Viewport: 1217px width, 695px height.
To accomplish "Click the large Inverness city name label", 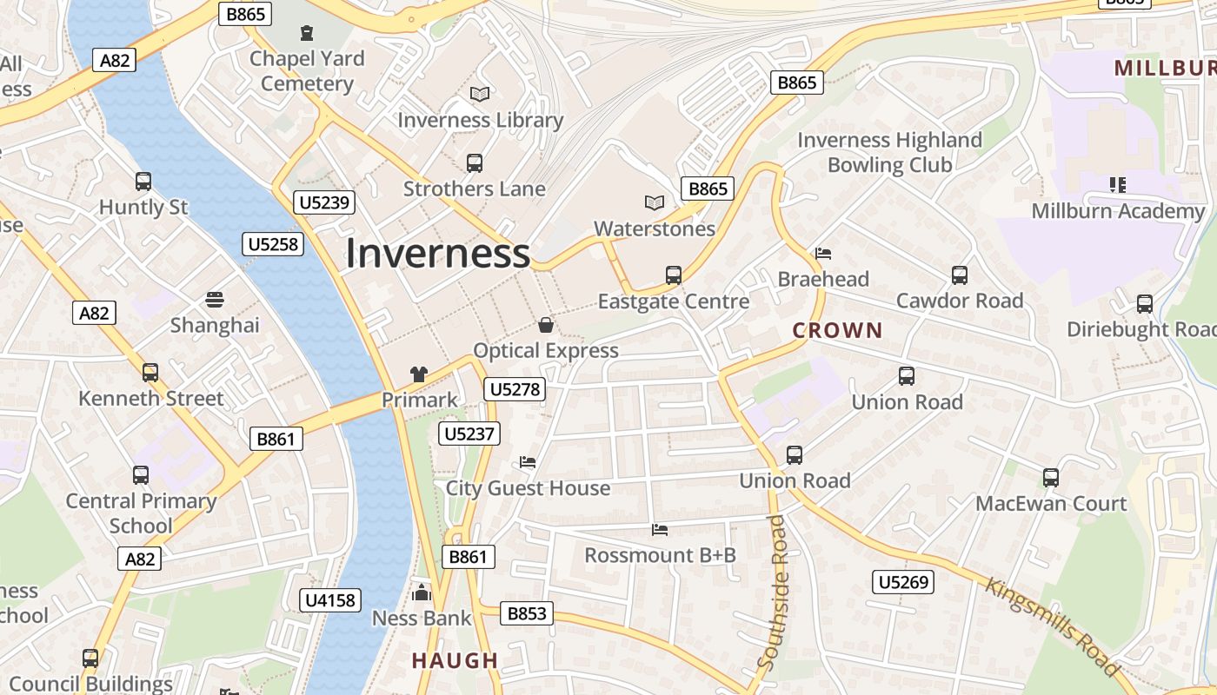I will tap(437, 254).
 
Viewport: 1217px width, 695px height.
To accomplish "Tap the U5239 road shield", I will tap(323, 203).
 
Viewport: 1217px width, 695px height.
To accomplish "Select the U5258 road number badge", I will tap(274, 244).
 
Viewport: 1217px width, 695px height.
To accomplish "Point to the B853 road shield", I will tap(527, 613).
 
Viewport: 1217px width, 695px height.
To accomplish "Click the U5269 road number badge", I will tap(904, 582).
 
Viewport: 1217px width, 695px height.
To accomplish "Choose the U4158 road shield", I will tap(331, 599).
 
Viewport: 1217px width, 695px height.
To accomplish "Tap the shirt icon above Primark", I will tap(419, 374).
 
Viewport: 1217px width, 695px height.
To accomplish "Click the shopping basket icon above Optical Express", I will tap(546, 325).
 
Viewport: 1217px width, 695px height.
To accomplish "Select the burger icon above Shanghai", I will tap(215, 300).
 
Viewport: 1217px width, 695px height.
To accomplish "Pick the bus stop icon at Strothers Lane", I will tap(475, 162).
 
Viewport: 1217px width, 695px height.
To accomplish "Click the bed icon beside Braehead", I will tap(823, 254).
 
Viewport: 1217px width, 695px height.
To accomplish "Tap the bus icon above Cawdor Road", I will tap(960, 275).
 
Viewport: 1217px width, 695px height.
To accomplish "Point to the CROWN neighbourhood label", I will tap(837, 330).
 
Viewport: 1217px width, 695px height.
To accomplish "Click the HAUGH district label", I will tap(455, 660).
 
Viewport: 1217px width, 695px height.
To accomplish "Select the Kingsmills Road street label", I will tap(1053, 625).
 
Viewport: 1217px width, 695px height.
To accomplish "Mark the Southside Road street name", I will tap(772, 592).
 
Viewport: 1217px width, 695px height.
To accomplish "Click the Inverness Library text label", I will tap(481, 120).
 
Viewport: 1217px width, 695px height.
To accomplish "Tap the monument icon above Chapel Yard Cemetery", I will tap(306, 33).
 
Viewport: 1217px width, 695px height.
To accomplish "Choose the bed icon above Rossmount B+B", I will tap(660, 529).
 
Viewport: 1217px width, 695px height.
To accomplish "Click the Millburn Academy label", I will tap(1118, 211).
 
